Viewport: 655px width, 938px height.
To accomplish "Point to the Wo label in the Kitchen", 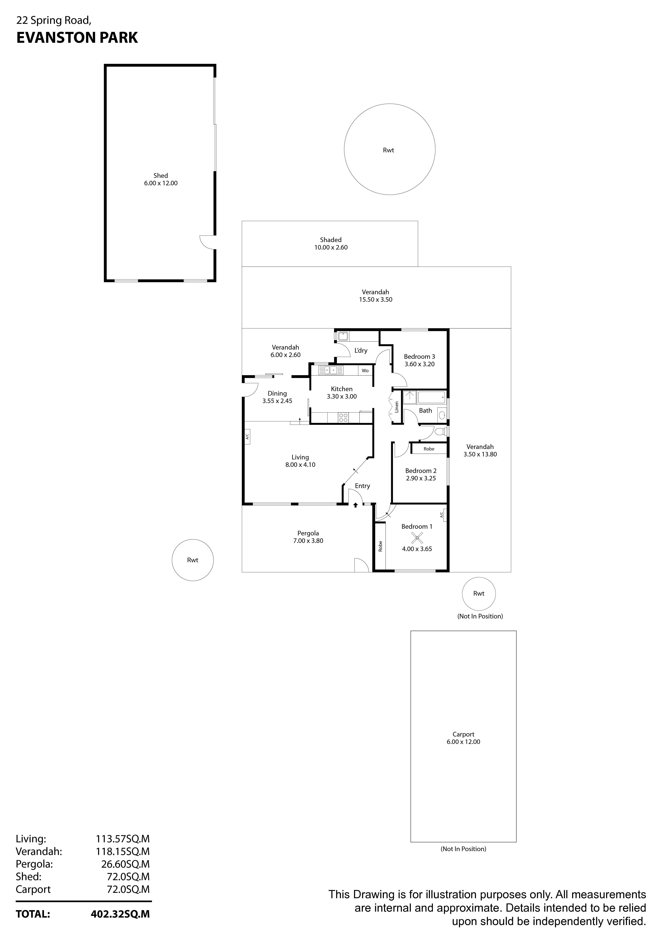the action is coord(365,371).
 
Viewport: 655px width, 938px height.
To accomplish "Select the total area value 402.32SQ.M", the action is coord(120,914).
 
